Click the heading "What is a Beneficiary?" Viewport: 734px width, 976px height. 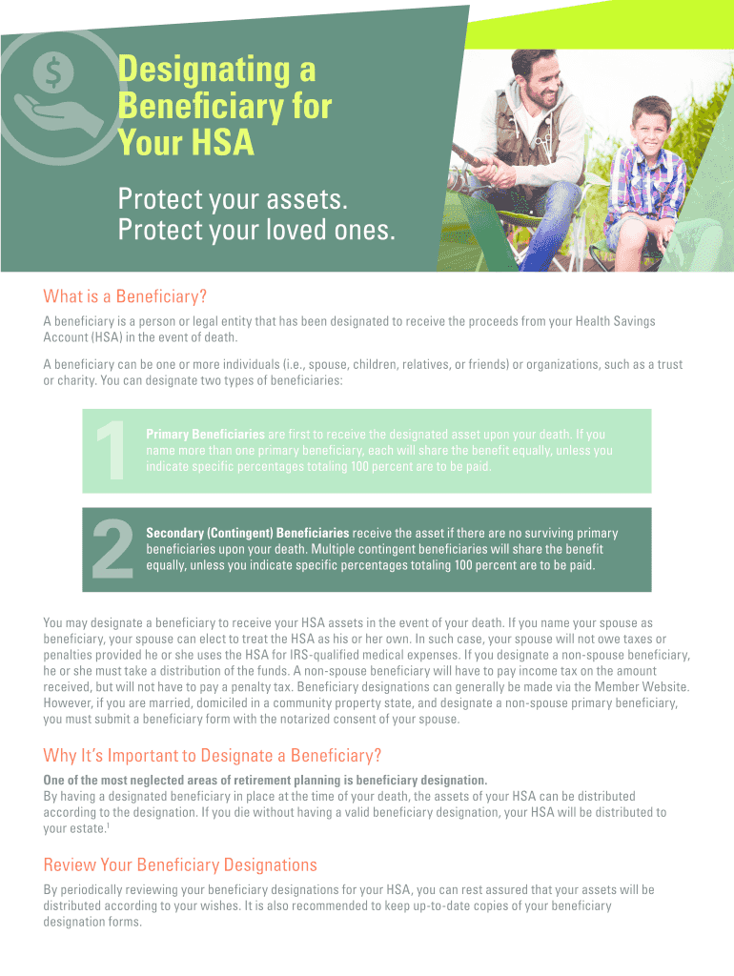pyautogui.click(x=125, y=295)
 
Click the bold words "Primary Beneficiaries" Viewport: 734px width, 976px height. pyautogui.click(x=205, y=435)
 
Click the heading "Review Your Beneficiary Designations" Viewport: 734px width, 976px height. pyautogui.click(x=180, y=865)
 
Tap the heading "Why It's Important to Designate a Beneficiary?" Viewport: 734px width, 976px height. pyautogui.click(x=213, y=756)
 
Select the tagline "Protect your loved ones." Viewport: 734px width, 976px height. pyautogui.click(x=255, y=231)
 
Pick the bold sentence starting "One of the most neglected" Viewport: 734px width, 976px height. pyautogui.click(x=265, y=780)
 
